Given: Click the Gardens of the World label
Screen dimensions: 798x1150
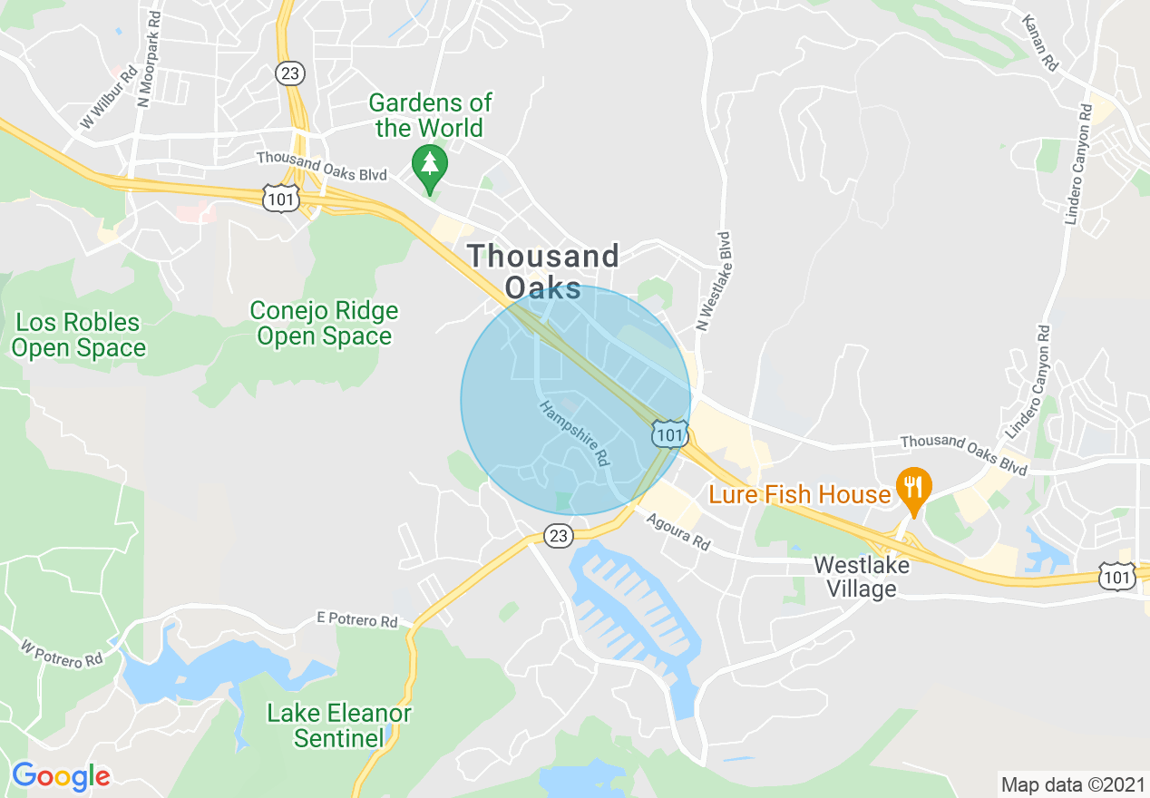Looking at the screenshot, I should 430,115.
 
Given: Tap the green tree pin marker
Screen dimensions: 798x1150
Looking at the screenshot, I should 429,166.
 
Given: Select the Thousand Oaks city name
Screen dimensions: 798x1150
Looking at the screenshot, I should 543,271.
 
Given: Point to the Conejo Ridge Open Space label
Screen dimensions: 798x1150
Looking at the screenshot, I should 324,324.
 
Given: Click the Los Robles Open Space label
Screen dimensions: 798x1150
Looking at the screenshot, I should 79,335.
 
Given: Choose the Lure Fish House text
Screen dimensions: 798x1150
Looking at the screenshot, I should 800,494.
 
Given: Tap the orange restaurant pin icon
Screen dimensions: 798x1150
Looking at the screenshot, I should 913,488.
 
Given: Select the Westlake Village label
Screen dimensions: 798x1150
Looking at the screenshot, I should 855,576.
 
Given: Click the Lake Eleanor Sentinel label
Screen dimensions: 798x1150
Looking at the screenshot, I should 339,725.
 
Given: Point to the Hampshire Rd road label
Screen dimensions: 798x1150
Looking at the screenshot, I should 574,433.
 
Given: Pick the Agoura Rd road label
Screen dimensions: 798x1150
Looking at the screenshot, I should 678,532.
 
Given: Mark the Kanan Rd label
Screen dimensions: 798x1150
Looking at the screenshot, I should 1039,43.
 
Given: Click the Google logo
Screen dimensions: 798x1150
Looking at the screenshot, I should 61,776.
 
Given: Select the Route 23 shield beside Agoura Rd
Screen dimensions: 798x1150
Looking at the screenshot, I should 559,536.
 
